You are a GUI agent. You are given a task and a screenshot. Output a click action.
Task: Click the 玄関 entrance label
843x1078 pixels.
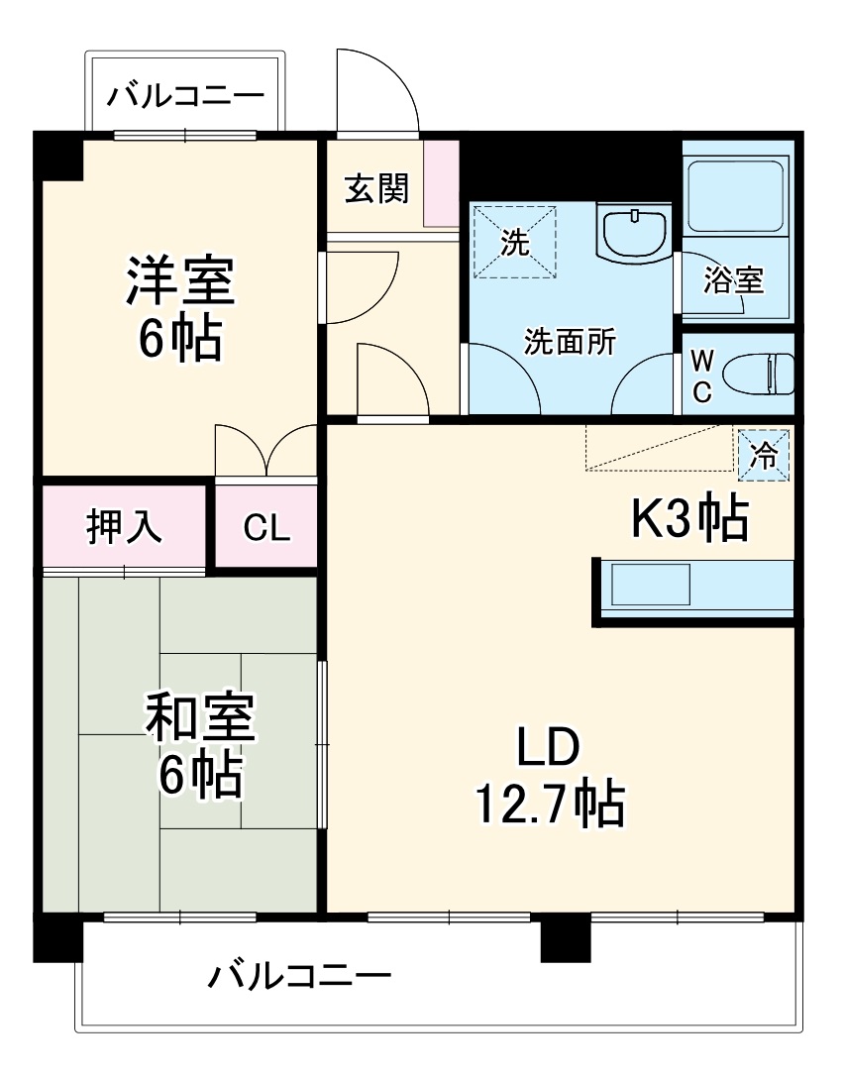click(x=376, y=187)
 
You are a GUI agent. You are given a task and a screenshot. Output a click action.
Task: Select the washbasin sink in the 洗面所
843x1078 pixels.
click(x=633, y=234)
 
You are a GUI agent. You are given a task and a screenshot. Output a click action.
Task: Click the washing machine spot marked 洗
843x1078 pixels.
click(x=514, y=242)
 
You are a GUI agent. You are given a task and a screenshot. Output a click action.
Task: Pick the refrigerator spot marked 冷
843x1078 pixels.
click(x=763, y=455)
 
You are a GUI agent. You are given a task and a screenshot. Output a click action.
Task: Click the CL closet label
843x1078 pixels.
click(x=266, y=528)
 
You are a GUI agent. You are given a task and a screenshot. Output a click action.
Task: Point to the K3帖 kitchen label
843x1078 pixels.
click(x=690, y=518)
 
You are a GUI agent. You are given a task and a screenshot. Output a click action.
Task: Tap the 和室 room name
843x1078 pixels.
click(x=201, y=717)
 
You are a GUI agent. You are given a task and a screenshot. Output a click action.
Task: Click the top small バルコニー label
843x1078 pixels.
click(x=186, y=96)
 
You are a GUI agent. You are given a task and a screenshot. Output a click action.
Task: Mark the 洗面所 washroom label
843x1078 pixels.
click(x=570, y=342)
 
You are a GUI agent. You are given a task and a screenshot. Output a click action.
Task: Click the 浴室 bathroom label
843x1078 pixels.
click(x=733, y=280)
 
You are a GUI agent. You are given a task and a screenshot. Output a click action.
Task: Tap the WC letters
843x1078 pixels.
click(x=701, y=375)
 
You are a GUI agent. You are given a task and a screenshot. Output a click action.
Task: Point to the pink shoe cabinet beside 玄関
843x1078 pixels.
click(x=442, y=183)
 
